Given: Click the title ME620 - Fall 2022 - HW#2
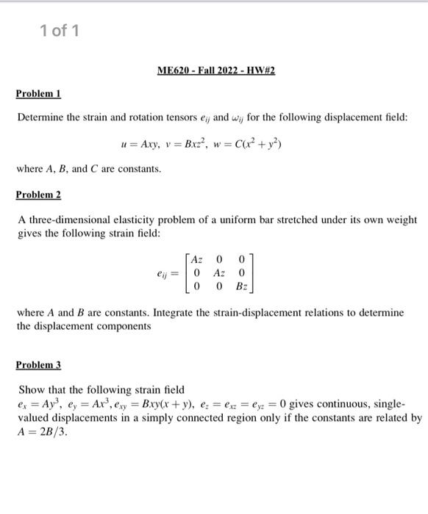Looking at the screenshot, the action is (x=216, y=70).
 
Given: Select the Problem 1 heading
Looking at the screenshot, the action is (x=38, y=94).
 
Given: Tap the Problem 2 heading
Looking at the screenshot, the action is (x=38, y=195).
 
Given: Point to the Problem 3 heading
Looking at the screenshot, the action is (x=38, y=364).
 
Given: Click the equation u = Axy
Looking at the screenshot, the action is (x=140, y=143).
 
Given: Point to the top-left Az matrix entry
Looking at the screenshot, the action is (x=196, y=258).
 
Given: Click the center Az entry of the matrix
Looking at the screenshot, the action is (x=219, y=272).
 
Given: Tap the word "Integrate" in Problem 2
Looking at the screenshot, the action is (x=185, y=312).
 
